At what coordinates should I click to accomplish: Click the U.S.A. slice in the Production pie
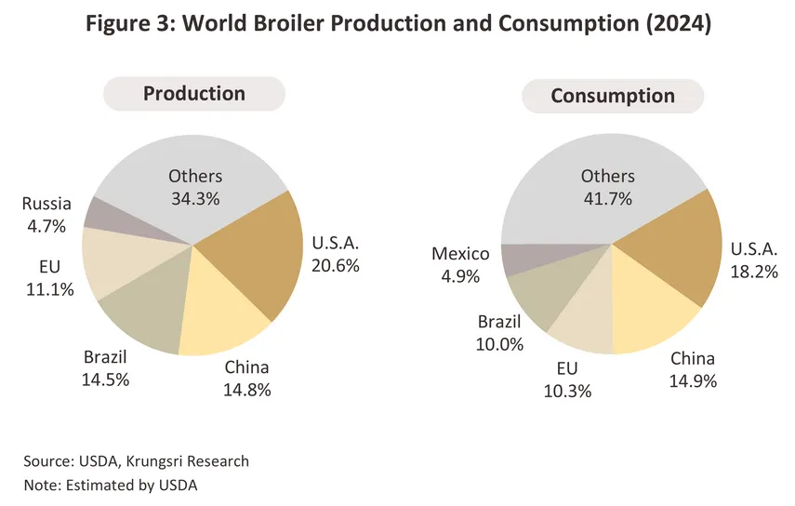click(256, 256)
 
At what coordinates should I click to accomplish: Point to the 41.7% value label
click(607, 197)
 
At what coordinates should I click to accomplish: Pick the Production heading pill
click(193, 94)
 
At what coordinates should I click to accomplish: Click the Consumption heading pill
click(612, 96)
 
